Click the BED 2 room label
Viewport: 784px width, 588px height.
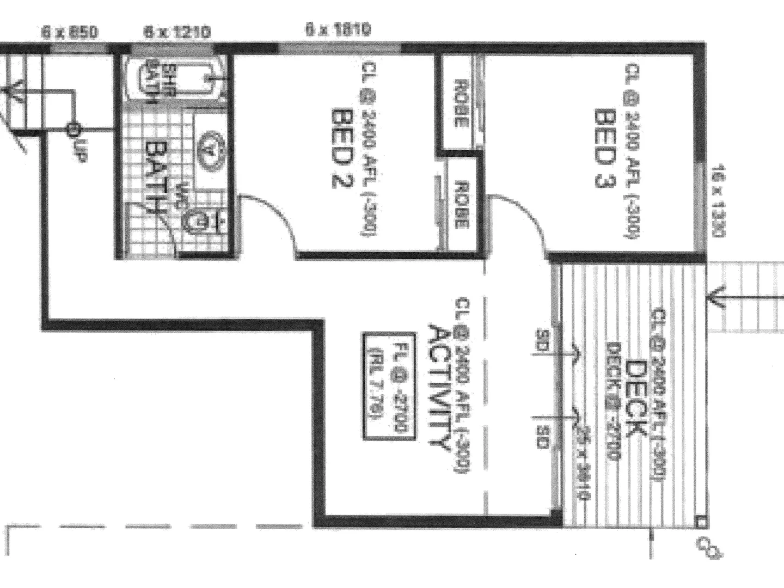coord(341,148)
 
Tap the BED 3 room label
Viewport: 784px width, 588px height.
coord(603,148)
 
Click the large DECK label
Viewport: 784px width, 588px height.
coord(634,399)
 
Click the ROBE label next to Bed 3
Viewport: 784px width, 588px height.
coord(461,103)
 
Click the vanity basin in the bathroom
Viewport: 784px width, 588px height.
coord(209,148)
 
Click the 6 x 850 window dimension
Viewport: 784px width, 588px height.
coord(70,33)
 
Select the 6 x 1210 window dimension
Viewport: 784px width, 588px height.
coord(177,33)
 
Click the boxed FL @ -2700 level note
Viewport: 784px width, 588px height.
coord(388,386)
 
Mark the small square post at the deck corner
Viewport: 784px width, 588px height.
coord(701,523)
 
